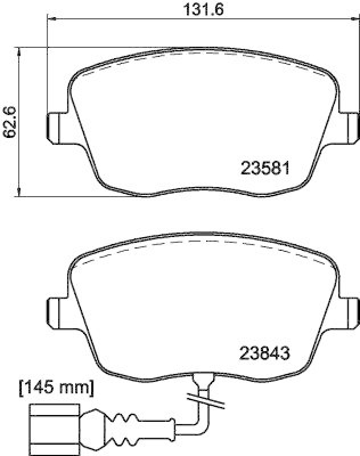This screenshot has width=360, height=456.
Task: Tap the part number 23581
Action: pyautogui.click(x=266, y=169)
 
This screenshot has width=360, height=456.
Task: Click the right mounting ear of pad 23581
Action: pyautogui.click(x=351, y=127)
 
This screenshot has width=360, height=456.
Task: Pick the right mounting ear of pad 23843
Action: pyautogui.click(x=351, y=312)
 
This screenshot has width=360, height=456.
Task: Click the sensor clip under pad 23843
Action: pyautogui.click(x=203, y=378)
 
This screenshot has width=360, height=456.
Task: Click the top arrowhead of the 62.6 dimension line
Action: pyautogui.click(x=21, y=52)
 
